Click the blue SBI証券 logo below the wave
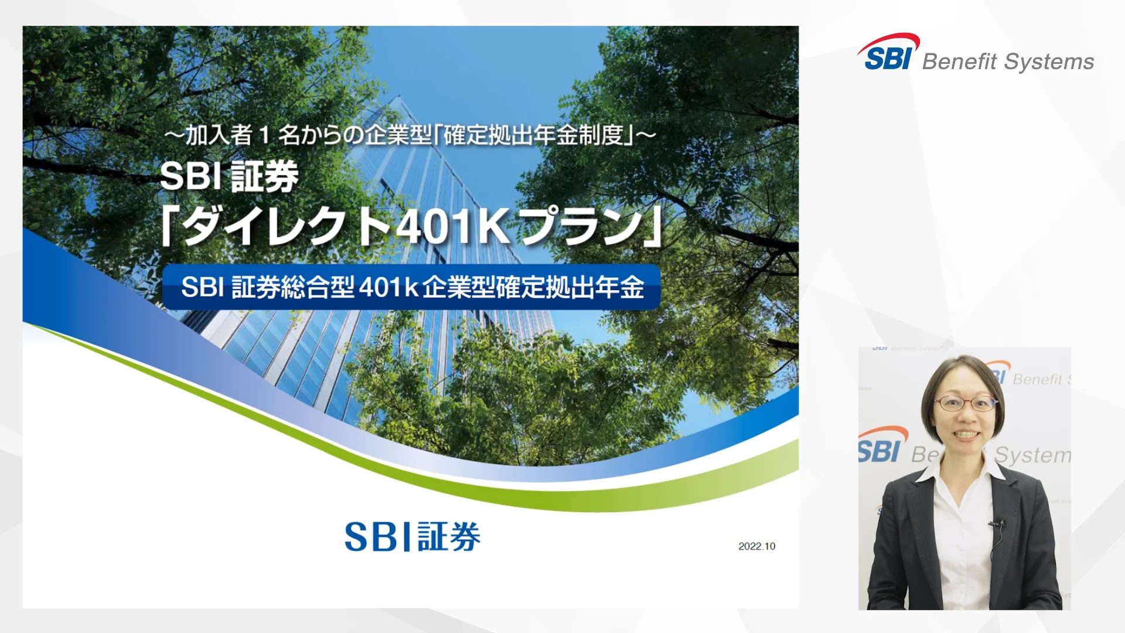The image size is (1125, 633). point(412,537)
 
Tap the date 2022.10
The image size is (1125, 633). point(756,546)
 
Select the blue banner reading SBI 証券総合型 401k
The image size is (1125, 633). point(411,287)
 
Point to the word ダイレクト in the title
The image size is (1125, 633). point(285,227)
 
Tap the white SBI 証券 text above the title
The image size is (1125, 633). point(229,176)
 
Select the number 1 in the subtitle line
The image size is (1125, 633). point(264,136)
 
